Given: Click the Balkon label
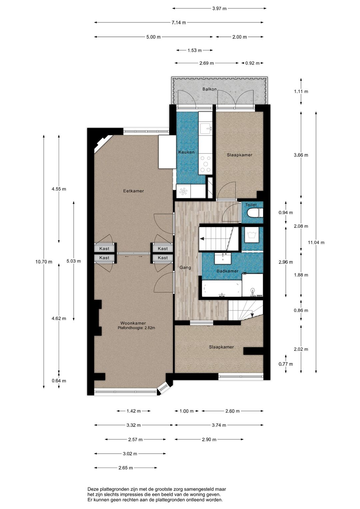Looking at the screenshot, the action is (209, 89).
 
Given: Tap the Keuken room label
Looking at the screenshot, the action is (186, 152).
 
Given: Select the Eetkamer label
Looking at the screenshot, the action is (134, 191).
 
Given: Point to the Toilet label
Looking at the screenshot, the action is (251, 205).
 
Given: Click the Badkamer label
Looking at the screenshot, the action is (227, 271).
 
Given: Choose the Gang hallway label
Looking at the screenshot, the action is (185, 268).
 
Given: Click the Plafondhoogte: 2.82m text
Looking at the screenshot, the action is (136, 328).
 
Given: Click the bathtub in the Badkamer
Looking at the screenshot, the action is (222, 289).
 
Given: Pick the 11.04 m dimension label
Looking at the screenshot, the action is (316, 242).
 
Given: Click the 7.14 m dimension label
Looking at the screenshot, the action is (179, 22).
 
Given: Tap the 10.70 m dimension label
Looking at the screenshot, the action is (44, 262).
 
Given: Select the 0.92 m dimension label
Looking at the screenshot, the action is (252, 63).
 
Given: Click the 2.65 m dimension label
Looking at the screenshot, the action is (126, 468).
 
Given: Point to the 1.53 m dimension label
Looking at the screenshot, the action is (194, 50).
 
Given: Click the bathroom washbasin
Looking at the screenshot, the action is (223, 259).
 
